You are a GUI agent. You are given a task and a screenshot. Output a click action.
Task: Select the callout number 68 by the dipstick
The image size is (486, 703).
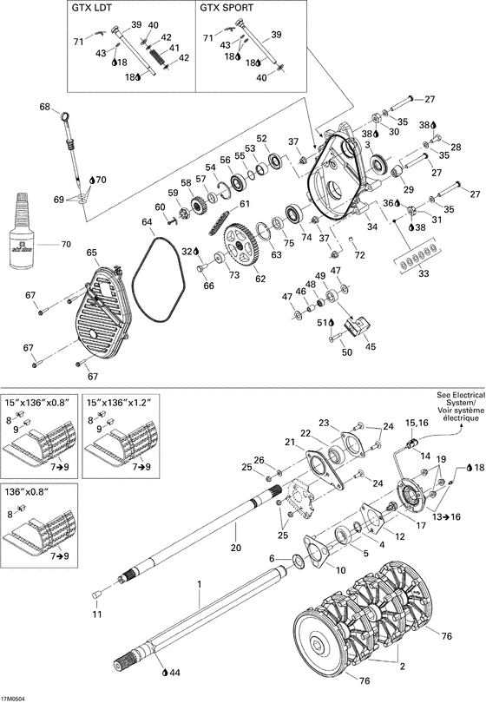point(44,107)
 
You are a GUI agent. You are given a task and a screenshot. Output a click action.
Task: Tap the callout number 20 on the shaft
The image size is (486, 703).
point(235,549)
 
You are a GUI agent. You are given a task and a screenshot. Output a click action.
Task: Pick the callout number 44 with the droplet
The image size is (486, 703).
point(174,672)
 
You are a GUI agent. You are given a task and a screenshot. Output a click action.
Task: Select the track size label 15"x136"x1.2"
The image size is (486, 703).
point(121,403)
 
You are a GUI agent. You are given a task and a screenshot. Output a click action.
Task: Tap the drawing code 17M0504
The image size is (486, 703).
point(16,697)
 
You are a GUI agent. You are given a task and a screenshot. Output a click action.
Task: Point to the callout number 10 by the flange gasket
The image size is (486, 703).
point(339,569)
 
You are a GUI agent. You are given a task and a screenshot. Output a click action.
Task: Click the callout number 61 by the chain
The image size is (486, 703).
point(245,204)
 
